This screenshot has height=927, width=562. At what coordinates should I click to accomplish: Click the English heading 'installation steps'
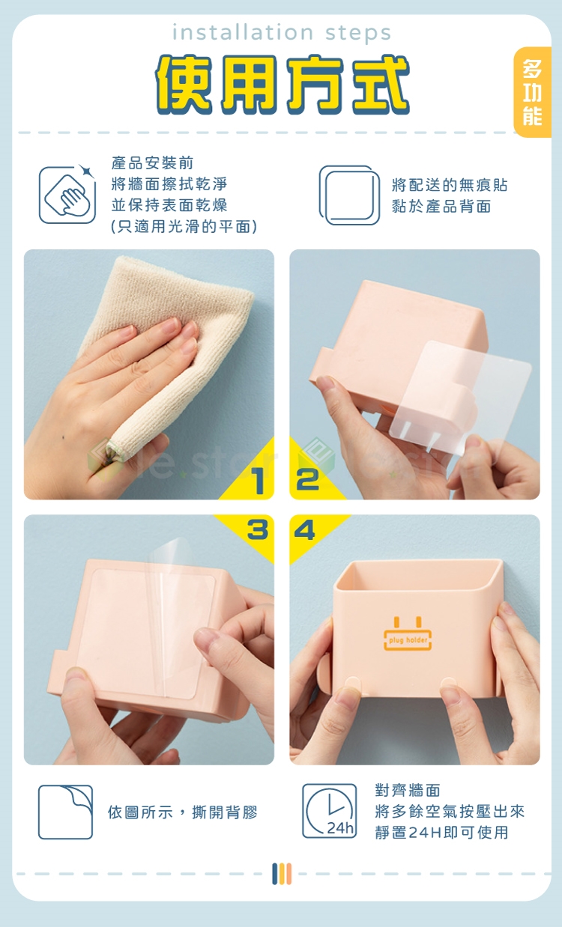282,33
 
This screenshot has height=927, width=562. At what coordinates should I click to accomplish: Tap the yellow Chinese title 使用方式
282,85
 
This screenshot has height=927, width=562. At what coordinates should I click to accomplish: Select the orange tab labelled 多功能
532,92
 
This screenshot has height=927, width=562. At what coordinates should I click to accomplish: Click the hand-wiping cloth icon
67,195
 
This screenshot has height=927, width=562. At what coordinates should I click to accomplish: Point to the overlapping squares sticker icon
349,195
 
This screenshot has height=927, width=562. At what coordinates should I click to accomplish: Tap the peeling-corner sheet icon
65,812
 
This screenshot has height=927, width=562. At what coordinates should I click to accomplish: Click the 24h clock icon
329,811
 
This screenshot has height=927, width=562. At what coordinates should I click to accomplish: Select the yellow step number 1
259,481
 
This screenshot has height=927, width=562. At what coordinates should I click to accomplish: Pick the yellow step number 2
307,479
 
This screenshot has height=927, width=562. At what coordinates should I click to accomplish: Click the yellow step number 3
258,529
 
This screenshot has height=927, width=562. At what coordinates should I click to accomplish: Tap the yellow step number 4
304,529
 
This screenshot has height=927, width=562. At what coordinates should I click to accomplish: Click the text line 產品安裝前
152,163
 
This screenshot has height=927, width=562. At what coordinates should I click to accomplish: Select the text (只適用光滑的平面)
184,226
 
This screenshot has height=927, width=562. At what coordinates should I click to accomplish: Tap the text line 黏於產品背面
441,206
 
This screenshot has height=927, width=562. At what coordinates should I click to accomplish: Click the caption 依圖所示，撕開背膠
183,812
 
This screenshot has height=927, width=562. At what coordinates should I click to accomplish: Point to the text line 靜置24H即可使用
441,832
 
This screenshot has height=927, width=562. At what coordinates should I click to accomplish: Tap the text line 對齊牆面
408,790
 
